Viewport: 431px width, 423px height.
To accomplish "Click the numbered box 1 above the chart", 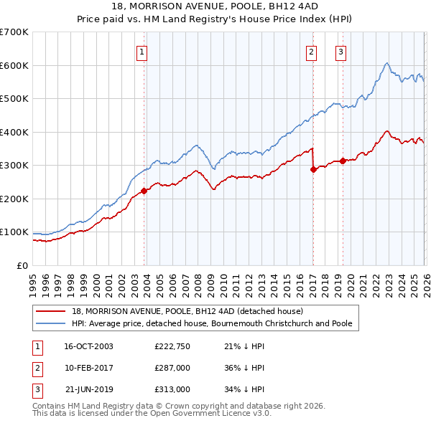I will coord(142,52).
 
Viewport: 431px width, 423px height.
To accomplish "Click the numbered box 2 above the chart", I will coord(311,52).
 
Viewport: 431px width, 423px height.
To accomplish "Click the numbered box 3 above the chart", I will coord(340,52).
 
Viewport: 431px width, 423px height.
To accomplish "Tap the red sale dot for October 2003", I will coord(144,191).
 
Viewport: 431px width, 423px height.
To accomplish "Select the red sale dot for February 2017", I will coord(313,170).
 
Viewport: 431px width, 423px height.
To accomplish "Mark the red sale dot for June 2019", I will coord(343,161).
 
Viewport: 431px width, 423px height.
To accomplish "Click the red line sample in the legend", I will coord(52,311).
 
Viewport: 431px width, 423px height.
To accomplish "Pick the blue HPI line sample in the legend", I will coord(52,323).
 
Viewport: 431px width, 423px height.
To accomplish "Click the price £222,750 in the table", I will coord(171,346).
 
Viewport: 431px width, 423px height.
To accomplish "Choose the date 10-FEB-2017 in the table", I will coord(88,368).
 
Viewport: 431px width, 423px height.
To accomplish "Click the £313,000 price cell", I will coord(171,389).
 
